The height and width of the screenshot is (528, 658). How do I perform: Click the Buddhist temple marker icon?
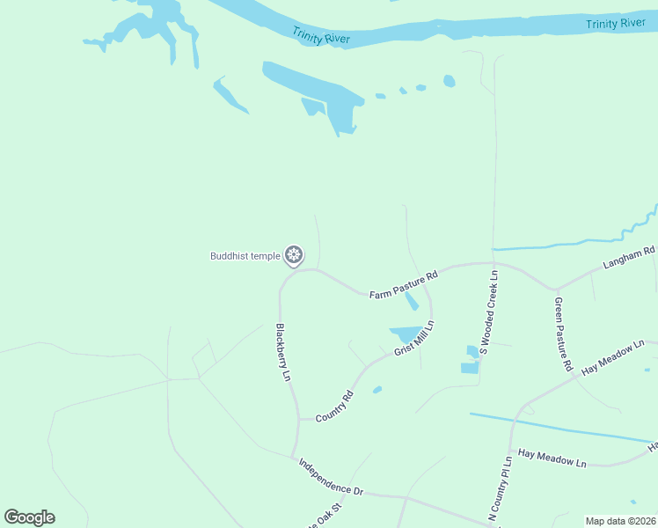click(294, 256)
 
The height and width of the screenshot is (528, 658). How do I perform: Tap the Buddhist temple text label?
click(245, 256)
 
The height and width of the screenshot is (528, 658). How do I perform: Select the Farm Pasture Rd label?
click(403, 285)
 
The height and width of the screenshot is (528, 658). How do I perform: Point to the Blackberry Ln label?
click(282, 353)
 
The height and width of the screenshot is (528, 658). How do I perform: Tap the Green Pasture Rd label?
click(563, 333)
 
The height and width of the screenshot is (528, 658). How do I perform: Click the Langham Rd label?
click(630, 257)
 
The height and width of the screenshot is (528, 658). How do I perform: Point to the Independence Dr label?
click(330, 476)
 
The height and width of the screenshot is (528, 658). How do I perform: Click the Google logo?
click(30, 517)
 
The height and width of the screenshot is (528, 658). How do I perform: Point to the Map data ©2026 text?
click(620, 521)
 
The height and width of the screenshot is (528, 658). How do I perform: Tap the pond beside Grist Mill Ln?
click(406, 334)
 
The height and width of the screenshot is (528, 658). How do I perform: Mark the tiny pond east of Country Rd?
click(377, 390)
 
